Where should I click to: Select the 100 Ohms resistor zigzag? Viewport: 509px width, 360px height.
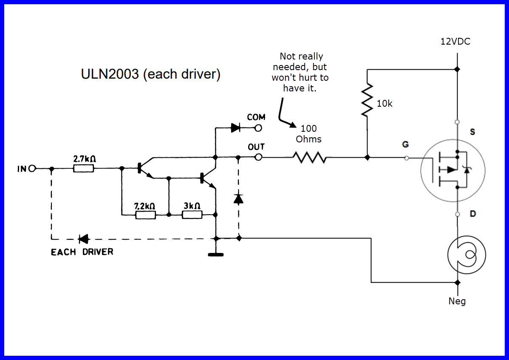point(309,158)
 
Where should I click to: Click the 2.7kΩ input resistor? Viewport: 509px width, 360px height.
point(84,169)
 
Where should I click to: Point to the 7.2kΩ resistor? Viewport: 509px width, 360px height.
point(145,215)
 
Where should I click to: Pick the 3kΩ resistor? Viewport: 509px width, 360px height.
point(192,215)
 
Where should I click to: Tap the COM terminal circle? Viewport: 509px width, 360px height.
point(258,128)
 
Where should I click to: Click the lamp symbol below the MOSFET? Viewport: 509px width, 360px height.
point(467,255)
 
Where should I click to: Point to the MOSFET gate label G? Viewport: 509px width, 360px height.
point(405,145)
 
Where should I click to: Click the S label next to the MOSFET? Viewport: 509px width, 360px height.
point(472,132)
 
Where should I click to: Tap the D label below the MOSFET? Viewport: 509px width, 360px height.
point(472,213)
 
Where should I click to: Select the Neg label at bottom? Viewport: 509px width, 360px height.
point(457,301)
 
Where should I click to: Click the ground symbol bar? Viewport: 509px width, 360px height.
point(216,255)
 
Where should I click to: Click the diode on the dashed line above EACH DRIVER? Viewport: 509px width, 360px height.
point(83,239)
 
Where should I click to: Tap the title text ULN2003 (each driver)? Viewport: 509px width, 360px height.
point(150,74)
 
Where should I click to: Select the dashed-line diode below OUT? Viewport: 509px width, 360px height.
point(239,198)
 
